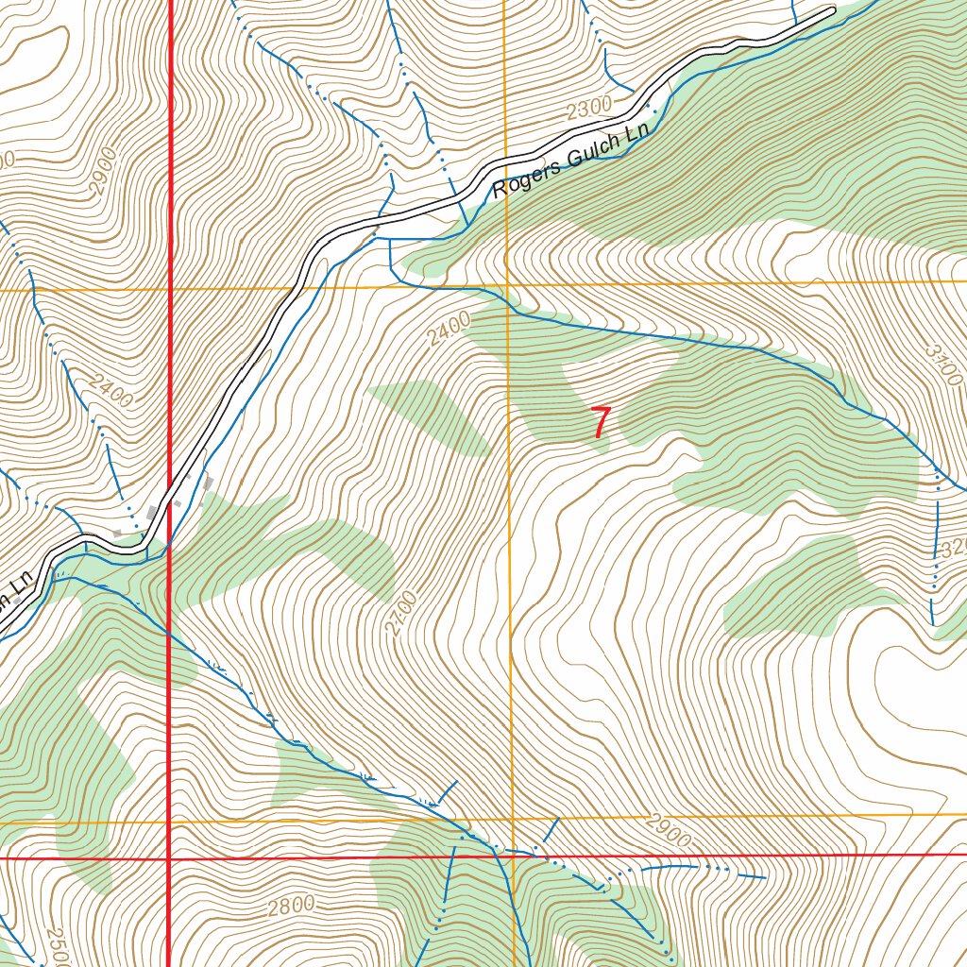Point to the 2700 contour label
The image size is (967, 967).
(403, 612)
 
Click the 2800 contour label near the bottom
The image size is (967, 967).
(290, 907)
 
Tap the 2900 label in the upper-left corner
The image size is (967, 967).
(103, 171)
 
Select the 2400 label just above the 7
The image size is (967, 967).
(448, 331)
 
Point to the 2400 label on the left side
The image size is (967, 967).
(111, 390)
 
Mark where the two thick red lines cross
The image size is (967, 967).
(168, 857)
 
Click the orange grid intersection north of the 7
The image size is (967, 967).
(507, 284)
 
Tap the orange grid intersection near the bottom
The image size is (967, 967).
(511, 819)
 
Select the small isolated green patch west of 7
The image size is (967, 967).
(430, 416)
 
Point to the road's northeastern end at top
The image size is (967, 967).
(832, 12)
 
